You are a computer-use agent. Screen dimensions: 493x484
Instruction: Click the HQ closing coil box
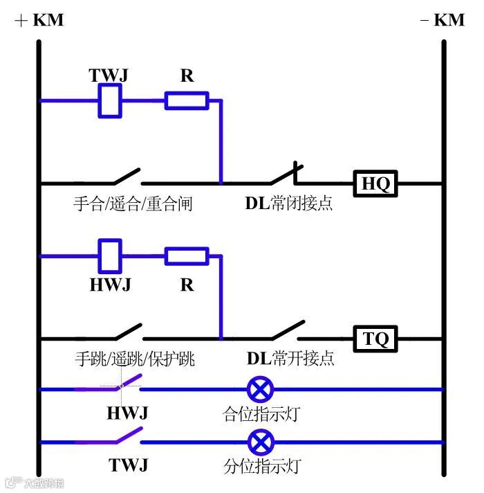(x=376, y=183)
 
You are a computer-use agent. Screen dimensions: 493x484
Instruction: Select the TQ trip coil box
(x=377, y=339)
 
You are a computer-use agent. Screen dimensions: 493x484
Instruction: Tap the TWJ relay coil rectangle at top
(x=111, y=100)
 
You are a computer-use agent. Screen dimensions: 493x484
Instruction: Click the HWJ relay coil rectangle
(x=111, y=256)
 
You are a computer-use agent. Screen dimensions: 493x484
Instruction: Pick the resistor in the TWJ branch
(x=186, y=101)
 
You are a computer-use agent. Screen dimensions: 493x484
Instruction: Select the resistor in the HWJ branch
(x=186, y=257)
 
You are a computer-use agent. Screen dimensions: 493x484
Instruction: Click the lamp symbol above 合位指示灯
(x=261, y=389)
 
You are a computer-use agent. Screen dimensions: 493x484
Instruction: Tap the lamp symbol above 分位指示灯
(x=261, y=441)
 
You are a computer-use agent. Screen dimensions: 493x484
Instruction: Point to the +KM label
(x=39, y=20)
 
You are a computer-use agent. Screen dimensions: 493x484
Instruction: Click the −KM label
(x=443, y=20)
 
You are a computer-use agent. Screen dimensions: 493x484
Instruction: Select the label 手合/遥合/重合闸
(x=133, y=204)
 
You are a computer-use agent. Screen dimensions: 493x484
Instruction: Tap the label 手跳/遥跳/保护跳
(x=135, y=359)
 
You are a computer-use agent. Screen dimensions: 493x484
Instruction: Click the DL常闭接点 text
(x=289, y=204)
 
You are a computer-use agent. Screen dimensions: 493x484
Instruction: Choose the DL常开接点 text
(x=290, y=359)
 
